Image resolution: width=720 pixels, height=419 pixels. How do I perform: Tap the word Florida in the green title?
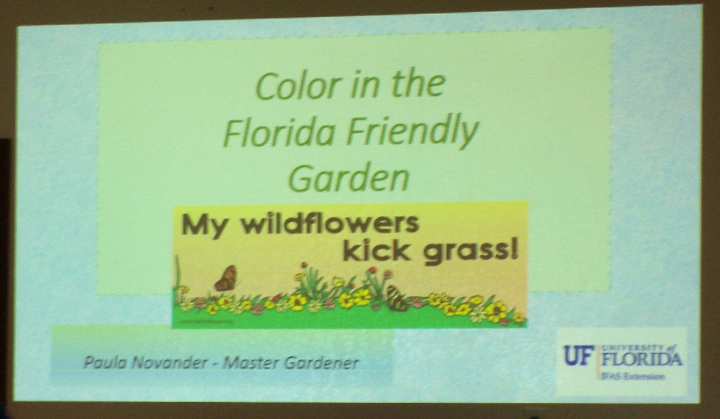(x=279, y=132)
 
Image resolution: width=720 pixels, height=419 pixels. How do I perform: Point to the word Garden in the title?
(x=349, y=178)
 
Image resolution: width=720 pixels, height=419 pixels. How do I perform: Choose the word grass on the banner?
(x=466, y=253)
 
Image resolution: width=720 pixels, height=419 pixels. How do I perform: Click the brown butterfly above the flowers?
(x=227, y=279)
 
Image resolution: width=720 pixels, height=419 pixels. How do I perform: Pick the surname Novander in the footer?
(x=169, y=363)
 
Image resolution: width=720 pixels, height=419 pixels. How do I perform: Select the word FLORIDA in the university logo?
(x=642, y=359)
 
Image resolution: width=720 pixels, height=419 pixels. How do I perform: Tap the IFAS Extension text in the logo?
(x=633, y=376)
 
